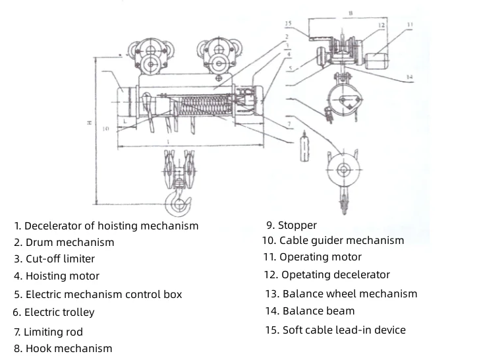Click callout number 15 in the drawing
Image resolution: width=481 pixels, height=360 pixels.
pos(287,24)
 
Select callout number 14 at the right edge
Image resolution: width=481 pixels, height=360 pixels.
pos(409,77)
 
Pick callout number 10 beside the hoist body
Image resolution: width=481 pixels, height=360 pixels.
pos(105,129)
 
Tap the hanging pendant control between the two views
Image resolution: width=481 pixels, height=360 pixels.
pos(304,147)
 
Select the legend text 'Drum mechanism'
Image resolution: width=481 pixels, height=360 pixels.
pos(69,242)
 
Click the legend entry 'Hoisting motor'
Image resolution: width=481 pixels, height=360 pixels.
pos(62,276)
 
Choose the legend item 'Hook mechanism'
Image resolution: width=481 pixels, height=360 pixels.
pos(69,348)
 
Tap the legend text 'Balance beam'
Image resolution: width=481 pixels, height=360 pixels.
pos(318,311)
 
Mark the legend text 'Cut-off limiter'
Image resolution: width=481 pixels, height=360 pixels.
pos(60,259)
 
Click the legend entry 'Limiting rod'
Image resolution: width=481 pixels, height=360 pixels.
pos(53,332)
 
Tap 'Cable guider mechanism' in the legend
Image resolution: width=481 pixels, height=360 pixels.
pos(341,240)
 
